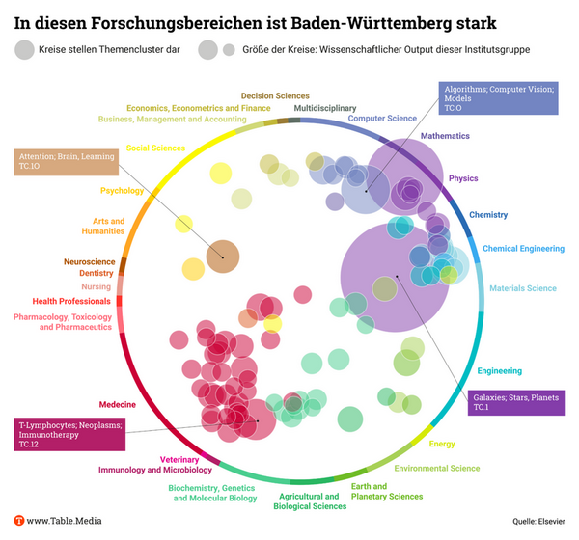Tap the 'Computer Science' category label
[382, 119]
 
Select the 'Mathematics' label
[445, 136]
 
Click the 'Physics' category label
[463, 178]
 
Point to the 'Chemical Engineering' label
[523, 248]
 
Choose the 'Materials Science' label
[522, 288]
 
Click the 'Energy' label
[442, 444]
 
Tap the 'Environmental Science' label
[437, 468]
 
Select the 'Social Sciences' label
[155, 148]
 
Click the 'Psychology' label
[122, 190]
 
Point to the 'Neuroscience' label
[90, 261]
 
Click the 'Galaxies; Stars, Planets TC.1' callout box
[515, 402]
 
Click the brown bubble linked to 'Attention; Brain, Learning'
[222, 256]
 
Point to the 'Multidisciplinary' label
[324, 108]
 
